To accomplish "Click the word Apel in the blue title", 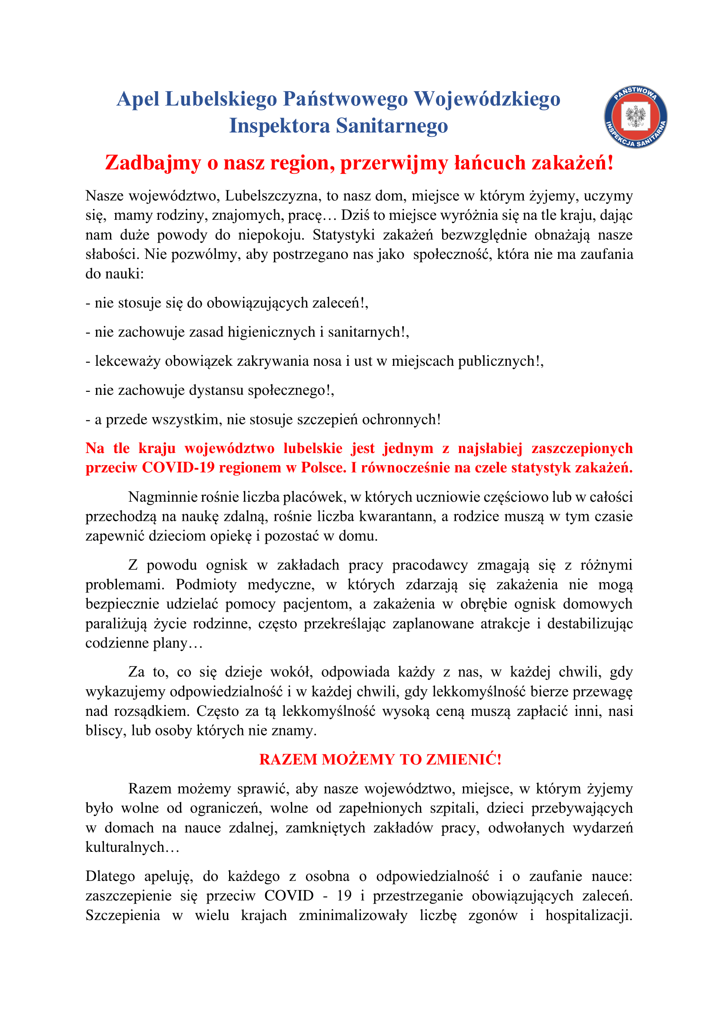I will click(x=138, y=99).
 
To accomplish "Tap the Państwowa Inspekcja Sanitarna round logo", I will click(x=636, y=117).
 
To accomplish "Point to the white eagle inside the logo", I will click(x=636, y=116).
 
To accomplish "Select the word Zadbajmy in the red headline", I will click(x=153, y=163).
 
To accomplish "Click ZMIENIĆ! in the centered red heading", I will click(x=463, y=759).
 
